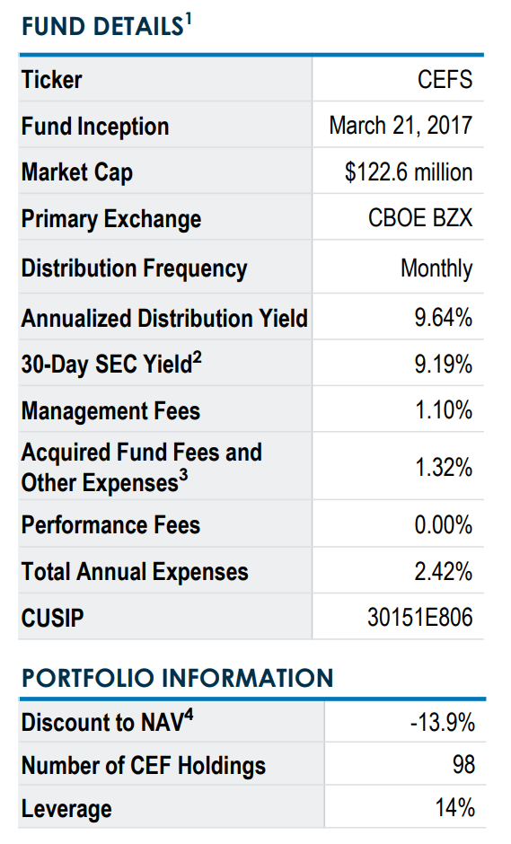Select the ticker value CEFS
click(445, 80)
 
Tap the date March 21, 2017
click(401, 126)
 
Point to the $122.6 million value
click(409, 172)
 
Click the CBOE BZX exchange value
click(420, 219)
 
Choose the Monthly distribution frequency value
click(436, 268)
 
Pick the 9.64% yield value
click(443, 318)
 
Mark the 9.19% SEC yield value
click(443, 365)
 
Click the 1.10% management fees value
click(443, 411)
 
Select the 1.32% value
click(443, 467)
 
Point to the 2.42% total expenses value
click(443, 572)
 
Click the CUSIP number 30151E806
click(420, 618)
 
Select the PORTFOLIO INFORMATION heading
click(177, 677)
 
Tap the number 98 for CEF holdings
click(463, 765)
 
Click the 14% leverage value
click(454, 808)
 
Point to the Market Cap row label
click(77, 172)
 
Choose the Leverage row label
click(66, 808)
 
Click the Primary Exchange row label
click(111, 219)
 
